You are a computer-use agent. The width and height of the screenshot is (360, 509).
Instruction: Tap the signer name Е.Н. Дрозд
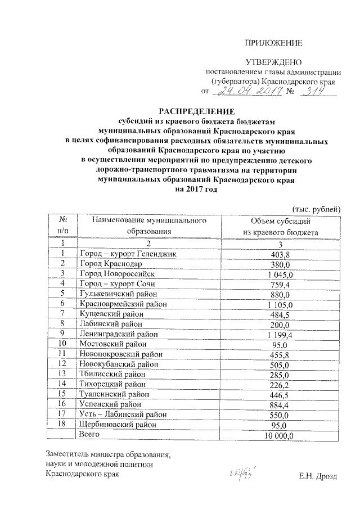(x=318, y=476)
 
